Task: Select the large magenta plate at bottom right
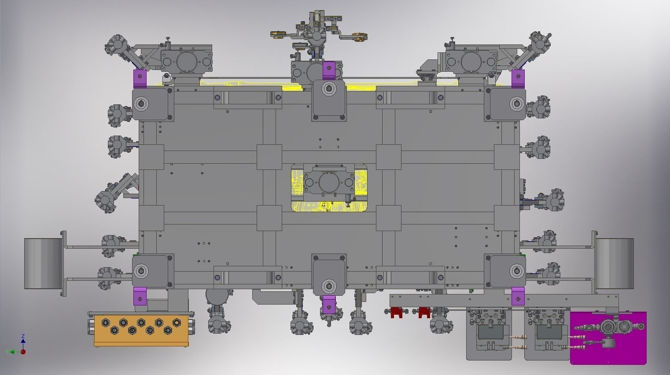click(x=608, y=338)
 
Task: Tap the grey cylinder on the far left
click(x=44, y=264)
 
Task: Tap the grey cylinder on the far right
click(x=615, y=264)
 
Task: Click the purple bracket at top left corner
click(x=140, y=79)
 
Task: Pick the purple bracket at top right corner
click(x=518, y=79)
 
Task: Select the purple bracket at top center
click(x=329, y=70)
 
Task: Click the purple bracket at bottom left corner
click(x=140, y=296)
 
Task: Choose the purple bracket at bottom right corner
click(x=518, y=296)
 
